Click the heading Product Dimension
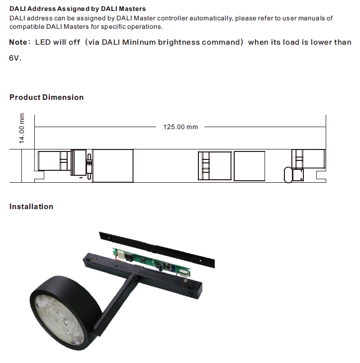coord(46,97)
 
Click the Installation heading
coord(31,207)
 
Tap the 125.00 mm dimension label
coord(180,127)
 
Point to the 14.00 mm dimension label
coord(22,128)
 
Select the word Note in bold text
coord(18,42)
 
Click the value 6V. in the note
coord(15,58)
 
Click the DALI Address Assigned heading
coord(78,9)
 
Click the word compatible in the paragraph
coord(25,26)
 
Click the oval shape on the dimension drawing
coord(287,175)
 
